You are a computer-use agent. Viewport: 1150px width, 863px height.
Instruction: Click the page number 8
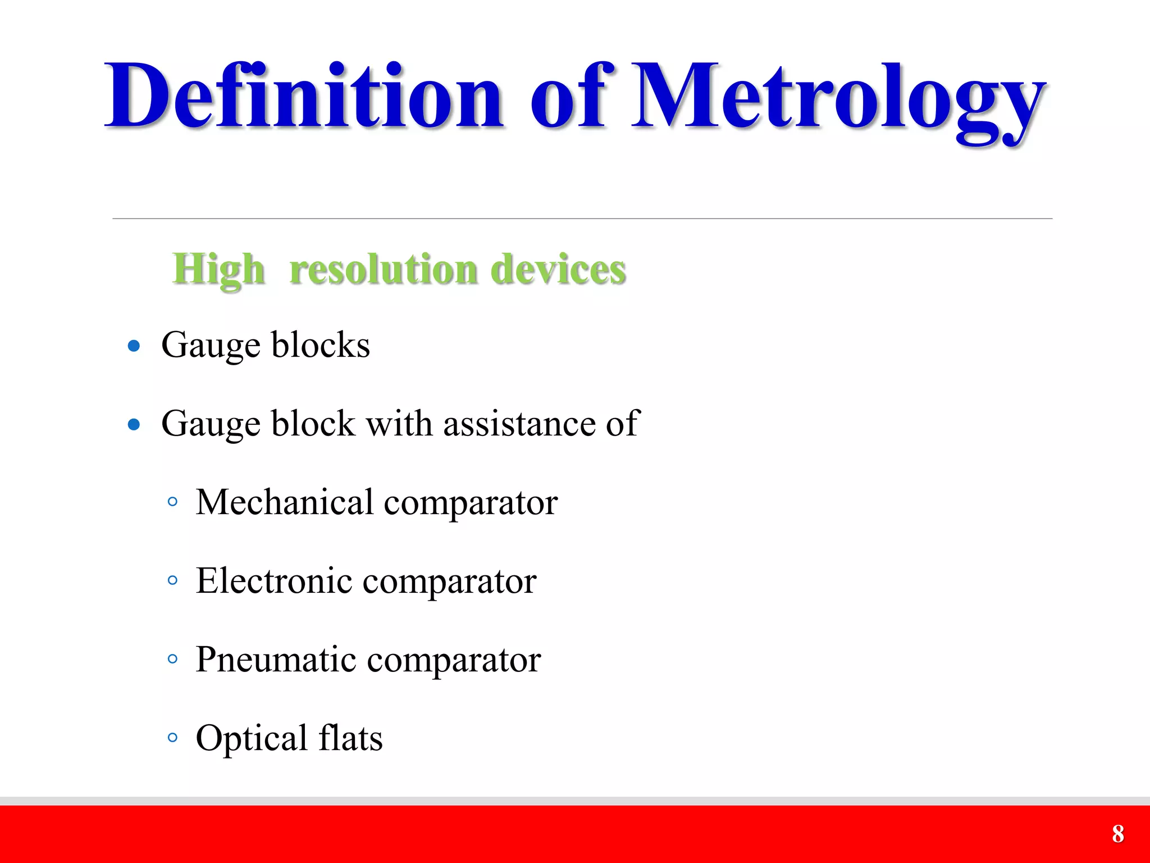[1117, 834]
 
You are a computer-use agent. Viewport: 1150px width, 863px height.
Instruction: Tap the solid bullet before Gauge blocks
[134, 346]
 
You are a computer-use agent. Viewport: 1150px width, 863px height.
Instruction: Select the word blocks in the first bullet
[321, 344]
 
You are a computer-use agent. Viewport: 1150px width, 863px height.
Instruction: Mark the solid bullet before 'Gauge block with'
[134, 424]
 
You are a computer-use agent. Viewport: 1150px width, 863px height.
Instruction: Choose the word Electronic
[273, 580]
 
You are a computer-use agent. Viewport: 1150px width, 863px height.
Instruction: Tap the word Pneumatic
[276, 659]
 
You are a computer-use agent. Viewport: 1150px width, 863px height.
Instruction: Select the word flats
[350, 738]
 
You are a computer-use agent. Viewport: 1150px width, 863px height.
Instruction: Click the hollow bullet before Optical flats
[172, 737]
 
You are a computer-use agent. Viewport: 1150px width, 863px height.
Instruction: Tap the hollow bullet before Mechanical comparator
[172, 501]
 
